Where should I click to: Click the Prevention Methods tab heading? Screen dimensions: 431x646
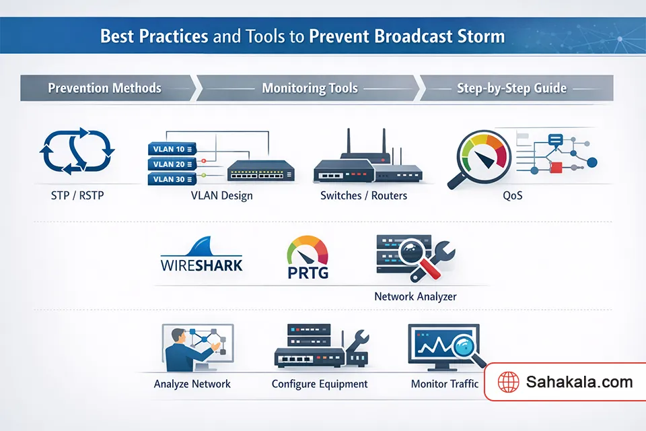point(104,88)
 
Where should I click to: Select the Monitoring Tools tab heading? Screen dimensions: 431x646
point(310,88)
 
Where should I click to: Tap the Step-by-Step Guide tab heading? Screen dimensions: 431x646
point(511,88)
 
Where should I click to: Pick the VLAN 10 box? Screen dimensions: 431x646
point(170,149)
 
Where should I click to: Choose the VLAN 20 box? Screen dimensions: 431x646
point(170,164)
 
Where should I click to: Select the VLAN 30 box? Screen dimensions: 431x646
point(170,179)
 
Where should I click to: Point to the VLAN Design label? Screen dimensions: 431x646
point(222,196)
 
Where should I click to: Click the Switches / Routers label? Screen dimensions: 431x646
point(363,196)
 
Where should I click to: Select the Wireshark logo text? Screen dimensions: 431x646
point(202,263)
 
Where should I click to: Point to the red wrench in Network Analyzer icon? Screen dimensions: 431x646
point(434,263)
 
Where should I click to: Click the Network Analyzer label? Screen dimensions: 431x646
point(416,296)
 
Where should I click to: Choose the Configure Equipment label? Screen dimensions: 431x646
point(320,384)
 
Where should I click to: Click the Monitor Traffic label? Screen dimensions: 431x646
point(445,384)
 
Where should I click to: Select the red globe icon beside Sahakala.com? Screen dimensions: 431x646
point(509,383)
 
